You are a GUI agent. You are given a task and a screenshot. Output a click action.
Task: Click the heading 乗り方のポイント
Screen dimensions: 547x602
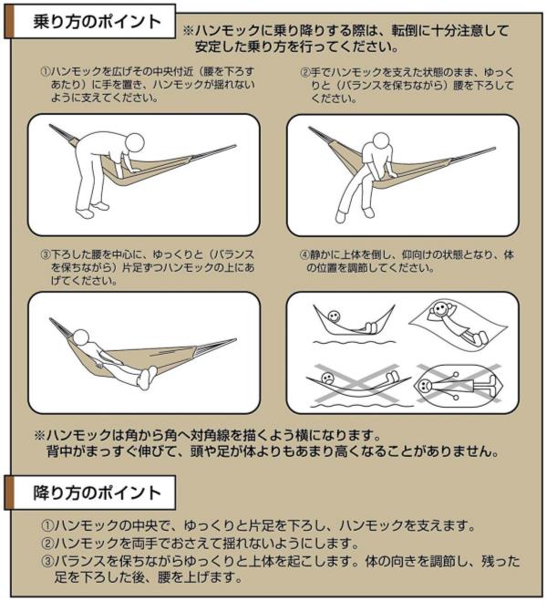coord(97,22)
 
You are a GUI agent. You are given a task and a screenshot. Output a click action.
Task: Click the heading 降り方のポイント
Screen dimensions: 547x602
coord(97,493)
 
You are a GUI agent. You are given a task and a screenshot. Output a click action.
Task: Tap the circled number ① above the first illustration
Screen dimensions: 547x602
coord(46,72)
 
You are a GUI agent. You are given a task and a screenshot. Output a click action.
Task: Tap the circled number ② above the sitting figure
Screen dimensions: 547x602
coord(304,73)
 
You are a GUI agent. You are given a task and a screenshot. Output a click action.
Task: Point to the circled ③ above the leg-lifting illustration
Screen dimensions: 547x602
coord(46,254)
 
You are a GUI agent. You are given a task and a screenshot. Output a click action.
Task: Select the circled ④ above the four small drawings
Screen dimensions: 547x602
coord(304,254)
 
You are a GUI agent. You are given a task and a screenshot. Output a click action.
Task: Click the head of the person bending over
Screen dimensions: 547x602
coord(135,142)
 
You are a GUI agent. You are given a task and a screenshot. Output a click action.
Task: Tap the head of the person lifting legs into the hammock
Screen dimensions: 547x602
coord(80,338)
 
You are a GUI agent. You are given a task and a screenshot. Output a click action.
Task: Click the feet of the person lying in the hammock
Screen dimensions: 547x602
coord(146,378)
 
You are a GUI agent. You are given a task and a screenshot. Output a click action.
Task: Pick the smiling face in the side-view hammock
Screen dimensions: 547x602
coord(334,317)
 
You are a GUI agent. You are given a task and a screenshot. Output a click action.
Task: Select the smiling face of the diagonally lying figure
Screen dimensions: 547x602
coord(440,308)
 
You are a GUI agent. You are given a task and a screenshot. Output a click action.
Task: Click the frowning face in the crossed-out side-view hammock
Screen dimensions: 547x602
coord(327,379)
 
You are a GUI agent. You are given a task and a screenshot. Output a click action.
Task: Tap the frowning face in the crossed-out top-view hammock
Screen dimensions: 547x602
coord(425,384)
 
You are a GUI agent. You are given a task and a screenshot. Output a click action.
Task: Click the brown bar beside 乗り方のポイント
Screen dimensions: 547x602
coord(9,22)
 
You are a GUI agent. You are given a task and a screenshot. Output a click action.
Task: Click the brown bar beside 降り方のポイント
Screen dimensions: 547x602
coord(9,493)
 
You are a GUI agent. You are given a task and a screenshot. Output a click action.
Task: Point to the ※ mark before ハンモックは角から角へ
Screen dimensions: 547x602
coord(40,435)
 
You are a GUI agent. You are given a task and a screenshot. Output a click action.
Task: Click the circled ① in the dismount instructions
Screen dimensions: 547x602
coord(46,525)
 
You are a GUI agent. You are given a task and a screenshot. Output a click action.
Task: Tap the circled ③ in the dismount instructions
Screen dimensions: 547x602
coord(46,561)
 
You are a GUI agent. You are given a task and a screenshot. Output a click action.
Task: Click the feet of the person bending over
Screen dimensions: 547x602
coord(92,210)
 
